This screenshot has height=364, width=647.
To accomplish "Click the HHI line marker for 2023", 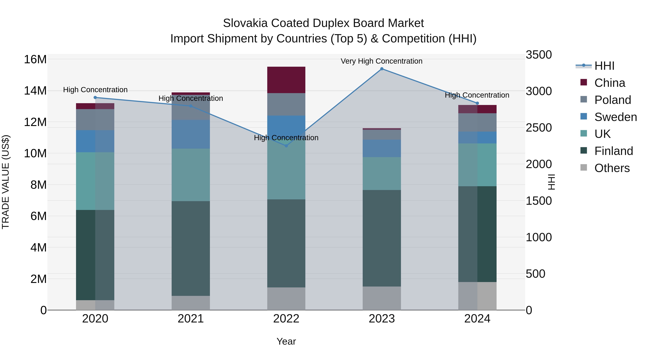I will (382, 69).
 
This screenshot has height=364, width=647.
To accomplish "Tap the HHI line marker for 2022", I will (286, 146).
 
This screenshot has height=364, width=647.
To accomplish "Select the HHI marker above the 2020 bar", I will (95, 97).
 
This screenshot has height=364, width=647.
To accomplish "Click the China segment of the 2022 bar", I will (286, 80).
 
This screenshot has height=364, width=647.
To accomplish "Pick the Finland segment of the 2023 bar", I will (382, 238).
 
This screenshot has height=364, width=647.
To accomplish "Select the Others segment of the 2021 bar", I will (191, 303).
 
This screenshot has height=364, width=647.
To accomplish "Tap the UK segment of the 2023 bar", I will (382, 174).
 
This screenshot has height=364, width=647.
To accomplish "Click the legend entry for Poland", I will (612, 100).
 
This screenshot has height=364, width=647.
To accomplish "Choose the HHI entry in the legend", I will (604, 66).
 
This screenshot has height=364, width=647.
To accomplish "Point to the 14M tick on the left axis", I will (35, 91).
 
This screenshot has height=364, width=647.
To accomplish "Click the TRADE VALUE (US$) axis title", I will (6, 182).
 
